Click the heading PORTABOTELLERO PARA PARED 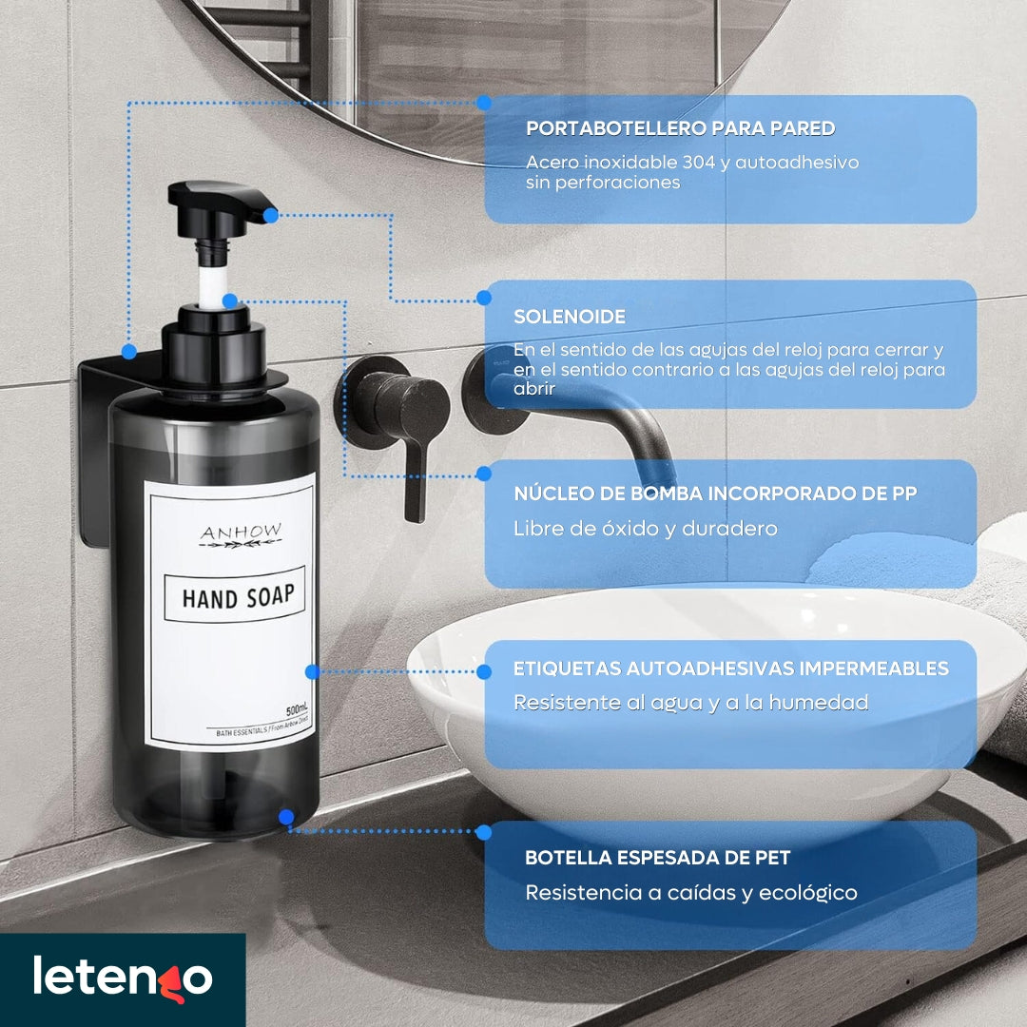coord(681,127)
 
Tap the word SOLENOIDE coord(570,317)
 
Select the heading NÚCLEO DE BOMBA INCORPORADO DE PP coord(715,494)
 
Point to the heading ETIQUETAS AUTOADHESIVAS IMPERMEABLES coord(731,669)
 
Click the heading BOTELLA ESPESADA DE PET coord(658,858)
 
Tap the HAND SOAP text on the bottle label coord(239,596)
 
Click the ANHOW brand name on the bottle coord(241,532)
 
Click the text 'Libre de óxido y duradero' coord(645,529)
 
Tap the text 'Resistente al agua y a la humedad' coord(691,703)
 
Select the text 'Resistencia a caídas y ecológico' coord(691,893)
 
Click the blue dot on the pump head coord(270,215)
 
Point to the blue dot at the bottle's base coord(286,817)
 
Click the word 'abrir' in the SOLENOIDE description coord(534,388)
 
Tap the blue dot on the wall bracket coord(129,352)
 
